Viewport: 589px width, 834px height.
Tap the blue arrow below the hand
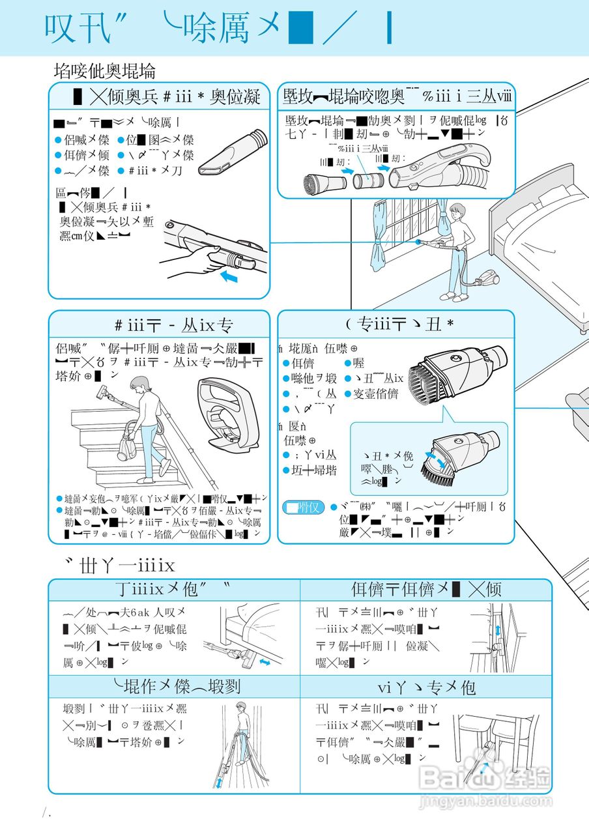coord(230,278)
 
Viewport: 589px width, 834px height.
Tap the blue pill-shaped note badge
coord(303,506)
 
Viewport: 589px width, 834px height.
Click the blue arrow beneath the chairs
coord(483,769)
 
